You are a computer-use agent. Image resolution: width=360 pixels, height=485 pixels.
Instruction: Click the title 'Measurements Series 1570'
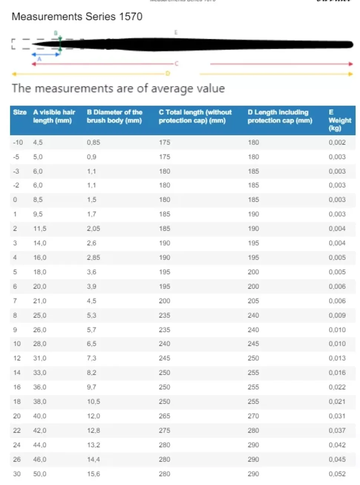pyautogui.click(x=77, y=17)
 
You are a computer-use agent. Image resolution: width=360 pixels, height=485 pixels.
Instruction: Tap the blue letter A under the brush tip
pyautogui.click(x=39, y=59)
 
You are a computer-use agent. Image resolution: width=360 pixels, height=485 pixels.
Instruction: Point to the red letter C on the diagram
pyautogui.click(x=177, y=64)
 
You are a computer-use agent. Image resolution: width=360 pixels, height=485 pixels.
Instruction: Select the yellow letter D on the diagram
pyautogui.click(x=167, y=74)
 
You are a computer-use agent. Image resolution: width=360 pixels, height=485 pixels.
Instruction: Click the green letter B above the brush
pyautogui.click(x=56, y=33)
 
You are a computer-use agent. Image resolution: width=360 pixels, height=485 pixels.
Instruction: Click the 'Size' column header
pyautogui.click(x=20, y=112)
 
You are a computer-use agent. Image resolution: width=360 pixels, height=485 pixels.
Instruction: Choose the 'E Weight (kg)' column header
pyautogui.click(x=339, y=120)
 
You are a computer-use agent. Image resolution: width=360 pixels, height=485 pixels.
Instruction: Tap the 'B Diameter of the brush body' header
pyautogui.click(x=114, y=116)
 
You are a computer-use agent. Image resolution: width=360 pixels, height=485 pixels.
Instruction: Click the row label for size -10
pyautogui.click(x=18, y=143)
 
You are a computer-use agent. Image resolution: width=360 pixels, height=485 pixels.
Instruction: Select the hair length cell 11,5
pyautogui.click(x=40, y=229)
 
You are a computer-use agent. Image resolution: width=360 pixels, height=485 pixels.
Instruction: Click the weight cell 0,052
pyautogui.click(x=337, y=474)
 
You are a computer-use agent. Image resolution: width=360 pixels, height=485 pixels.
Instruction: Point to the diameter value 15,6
pyautogui.click(x=93, y=474)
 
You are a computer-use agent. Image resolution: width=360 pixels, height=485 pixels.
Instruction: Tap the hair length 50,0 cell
pyautogui.click(x=40, y=474)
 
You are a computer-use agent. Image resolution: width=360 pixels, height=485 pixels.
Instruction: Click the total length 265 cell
pyautogui.click(x=164, y=416)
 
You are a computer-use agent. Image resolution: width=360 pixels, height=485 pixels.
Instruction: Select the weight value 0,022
pyautogui.click(x=337, y=387)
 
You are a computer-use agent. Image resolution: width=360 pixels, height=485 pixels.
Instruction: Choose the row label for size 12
pyautogui.click(x=17, y=358)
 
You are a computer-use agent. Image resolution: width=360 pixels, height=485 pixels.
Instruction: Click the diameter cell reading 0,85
pyautogui.click(x=93, y=143)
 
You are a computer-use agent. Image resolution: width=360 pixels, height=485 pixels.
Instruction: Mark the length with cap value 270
pyautogui.click(x=253, y=416)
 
